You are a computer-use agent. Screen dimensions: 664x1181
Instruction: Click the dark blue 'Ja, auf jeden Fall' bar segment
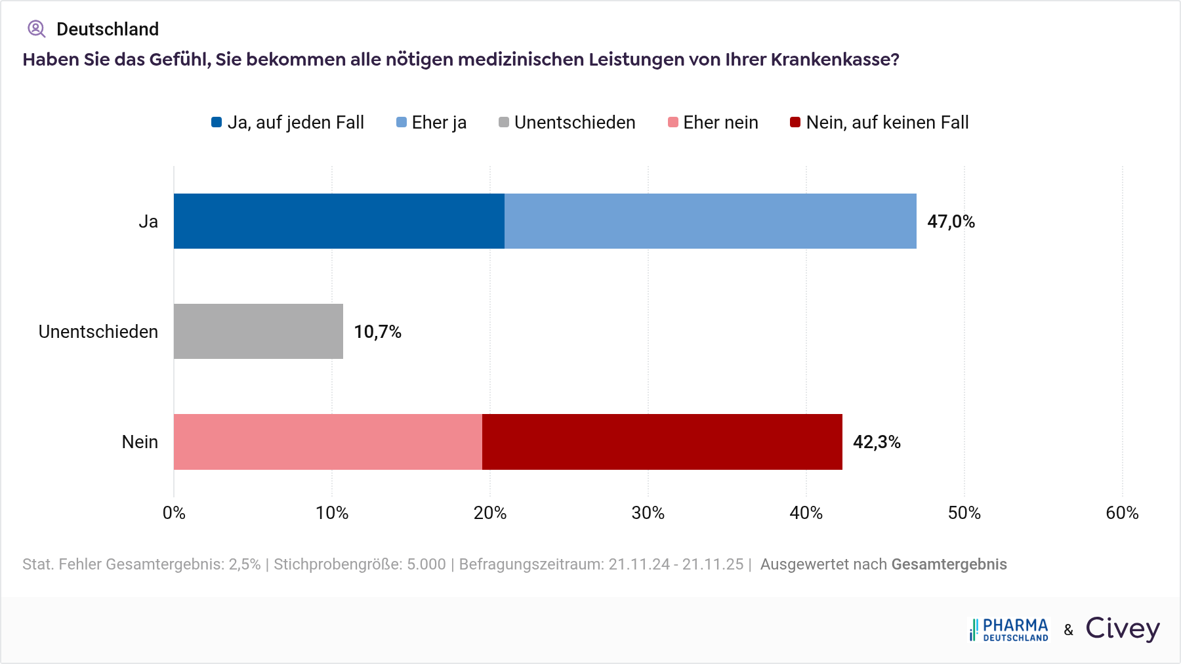pos(339,221)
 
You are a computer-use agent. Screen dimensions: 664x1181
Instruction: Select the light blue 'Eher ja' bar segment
pos(710,221)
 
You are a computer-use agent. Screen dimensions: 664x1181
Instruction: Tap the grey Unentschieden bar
pos(258,331)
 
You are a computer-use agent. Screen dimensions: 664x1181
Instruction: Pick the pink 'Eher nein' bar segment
pos(327,442)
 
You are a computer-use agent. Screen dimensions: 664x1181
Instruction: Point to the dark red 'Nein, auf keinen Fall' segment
pos(662,442)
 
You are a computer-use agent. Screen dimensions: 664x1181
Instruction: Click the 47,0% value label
pos(951,222)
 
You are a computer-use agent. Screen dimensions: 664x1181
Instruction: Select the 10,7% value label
pos(377,332)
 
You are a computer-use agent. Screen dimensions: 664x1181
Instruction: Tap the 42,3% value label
pos(877,442)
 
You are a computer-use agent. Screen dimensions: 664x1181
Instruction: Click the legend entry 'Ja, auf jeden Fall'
pos(287,123)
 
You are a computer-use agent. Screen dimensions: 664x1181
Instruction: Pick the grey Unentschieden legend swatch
pos(504,123)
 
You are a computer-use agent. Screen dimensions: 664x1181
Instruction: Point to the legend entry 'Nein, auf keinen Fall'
pos(879,123)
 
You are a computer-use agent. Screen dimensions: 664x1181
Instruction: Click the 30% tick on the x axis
pos(648,513)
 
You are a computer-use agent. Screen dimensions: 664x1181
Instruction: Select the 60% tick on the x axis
pos(1122,513)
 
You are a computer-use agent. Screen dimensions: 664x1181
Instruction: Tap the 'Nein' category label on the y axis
pos(140,442)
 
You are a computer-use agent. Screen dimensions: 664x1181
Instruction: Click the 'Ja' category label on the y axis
pos(148,222)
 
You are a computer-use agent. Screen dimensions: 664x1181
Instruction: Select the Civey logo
pos(1123,629)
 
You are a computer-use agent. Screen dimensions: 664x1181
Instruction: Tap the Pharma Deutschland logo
pos(1009,629)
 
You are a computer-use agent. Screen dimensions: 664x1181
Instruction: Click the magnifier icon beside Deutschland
pos(36,29)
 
